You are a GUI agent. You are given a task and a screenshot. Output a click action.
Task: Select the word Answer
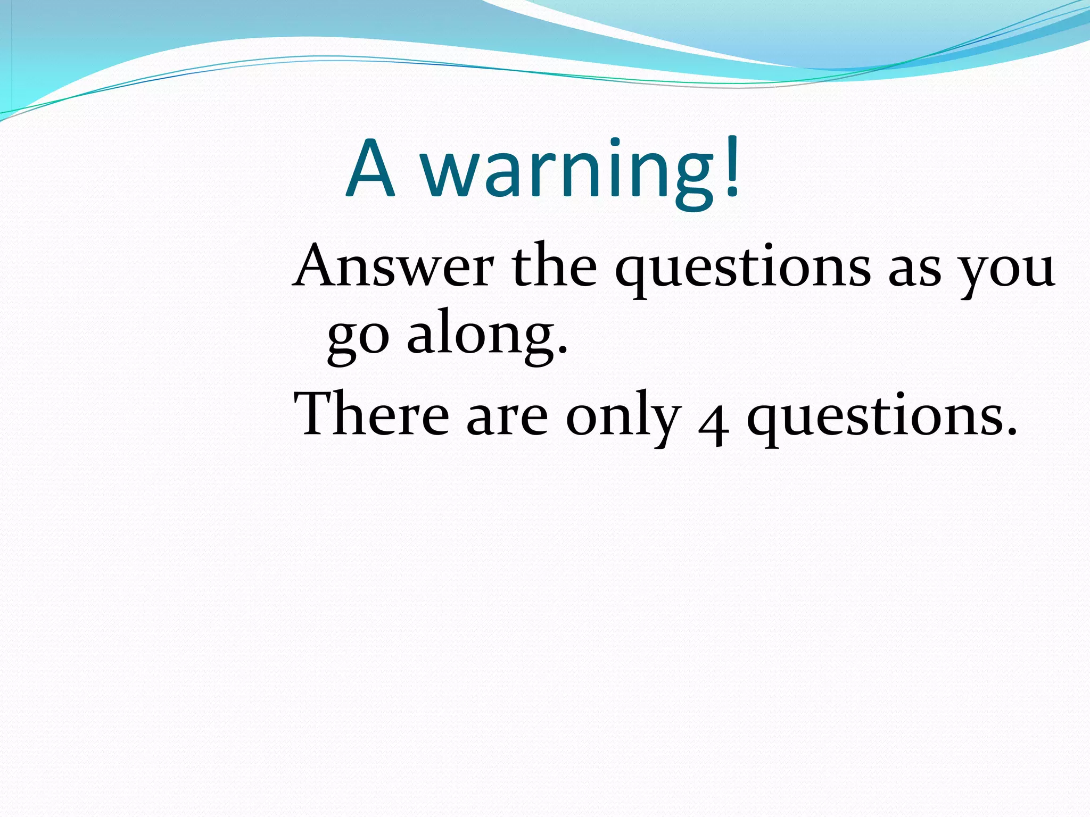click(394, 266)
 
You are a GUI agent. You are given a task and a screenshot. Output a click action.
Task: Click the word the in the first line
click(554, 266)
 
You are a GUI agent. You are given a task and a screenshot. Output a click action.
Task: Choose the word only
click(623, 418)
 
